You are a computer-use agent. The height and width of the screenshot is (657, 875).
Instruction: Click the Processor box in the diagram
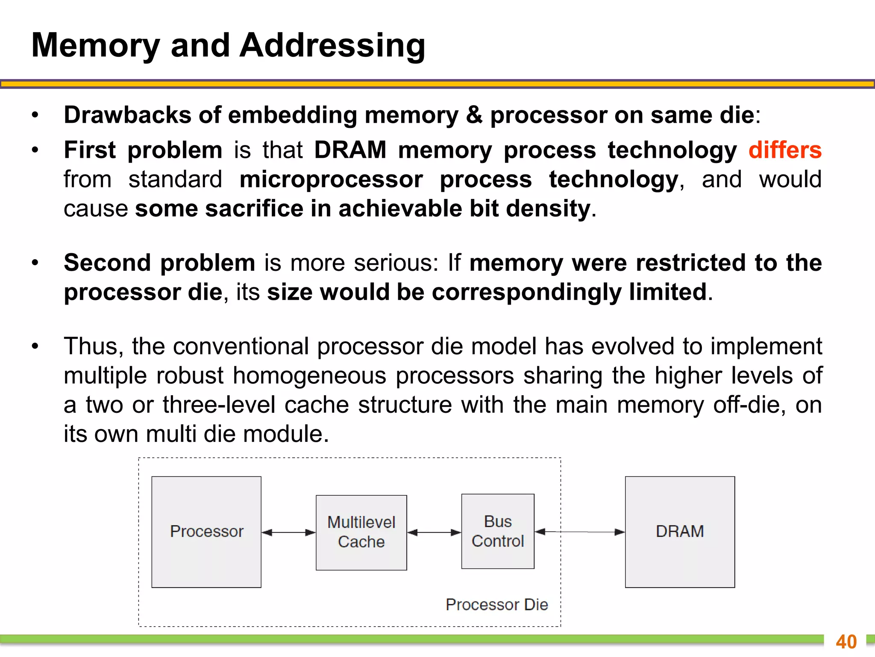tap(206, 532)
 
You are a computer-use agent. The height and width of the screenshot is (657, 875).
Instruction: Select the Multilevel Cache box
tap(361, 532)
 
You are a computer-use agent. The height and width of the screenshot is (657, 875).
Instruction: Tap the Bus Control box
tap(498, 531)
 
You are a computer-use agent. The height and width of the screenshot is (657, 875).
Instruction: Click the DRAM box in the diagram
tap(680, 532)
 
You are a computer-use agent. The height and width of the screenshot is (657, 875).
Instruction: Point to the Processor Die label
tap(496, 604)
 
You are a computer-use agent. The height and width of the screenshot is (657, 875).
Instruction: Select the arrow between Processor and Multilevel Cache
tap(288, 533)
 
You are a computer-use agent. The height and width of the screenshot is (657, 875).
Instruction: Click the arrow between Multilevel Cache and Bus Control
tap(434, 533)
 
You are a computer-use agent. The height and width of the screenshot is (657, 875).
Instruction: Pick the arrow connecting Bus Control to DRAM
tap(580, 532)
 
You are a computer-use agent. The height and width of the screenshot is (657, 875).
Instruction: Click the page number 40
tap(846, 642)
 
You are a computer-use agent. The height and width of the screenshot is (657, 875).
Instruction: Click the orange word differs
tap(785, 150)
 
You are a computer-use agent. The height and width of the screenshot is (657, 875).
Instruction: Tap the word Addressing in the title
tap(332, 45)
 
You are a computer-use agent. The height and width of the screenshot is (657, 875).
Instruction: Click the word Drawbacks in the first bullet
tap(127, 115)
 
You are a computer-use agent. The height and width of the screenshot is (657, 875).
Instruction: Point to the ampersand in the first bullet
tap(474, 115)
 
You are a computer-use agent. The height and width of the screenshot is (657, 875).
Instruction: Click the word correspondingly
tap(526, 292)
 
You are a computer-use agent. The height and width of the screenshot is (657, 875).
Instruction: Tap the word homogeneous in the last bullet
tap(310, 376)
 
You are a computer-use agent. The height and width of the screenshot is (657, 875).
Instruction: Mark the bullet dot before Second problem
tap(35, 263)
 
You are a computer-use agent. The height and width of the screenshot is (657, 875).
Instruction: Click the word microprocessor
tap(331, 179)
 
